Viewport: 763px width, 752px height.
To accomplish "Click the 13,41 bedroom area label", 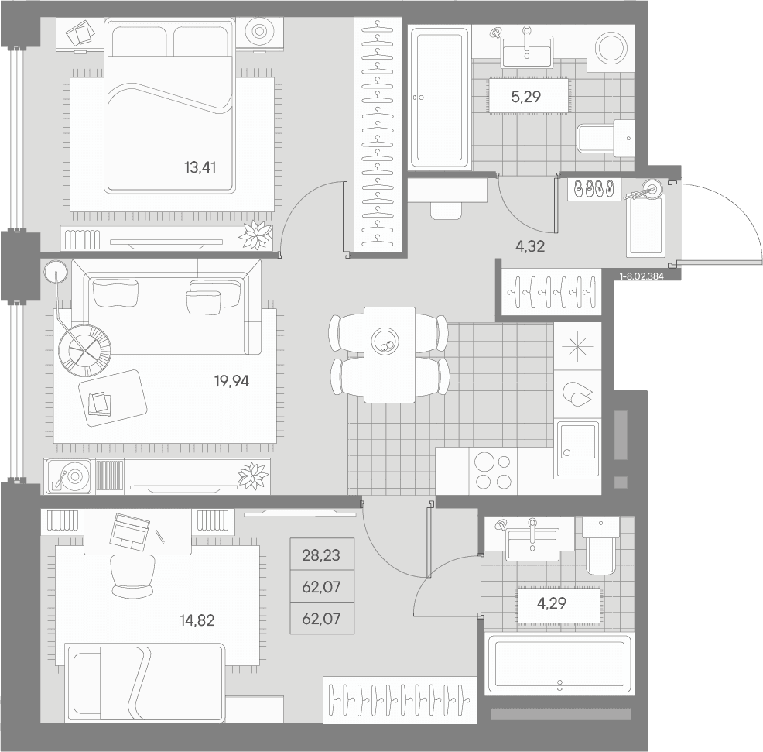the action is click(200, 167).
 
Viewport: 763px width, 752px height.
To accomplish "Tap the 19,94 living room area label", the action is click(231, 381).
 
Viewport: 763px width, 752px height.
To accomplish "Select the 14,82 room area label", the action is click(197, 620).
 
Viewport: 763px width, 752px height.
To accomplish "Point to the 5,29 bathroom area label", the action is click(526, 97).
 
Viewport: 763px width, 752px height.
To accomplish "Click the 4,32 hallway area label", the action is click(530, 246).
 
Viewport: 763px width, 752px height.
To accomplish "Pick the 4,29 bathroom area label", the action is click(551, 603).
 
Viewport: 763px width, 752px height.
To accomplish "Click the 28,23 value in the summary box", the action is click(321, 555).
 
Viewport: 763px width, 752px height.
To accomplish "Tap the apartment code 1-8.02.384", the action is click(642, 276).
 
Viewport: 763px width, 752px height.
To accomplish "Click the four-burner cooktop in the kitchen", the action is click(493, 471).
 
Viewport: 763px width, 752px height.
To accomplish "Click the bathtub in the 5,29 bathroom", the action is click(440, 97).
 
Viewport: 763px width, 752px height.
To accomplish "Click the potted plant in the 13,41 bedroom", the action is click(255, 235).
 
